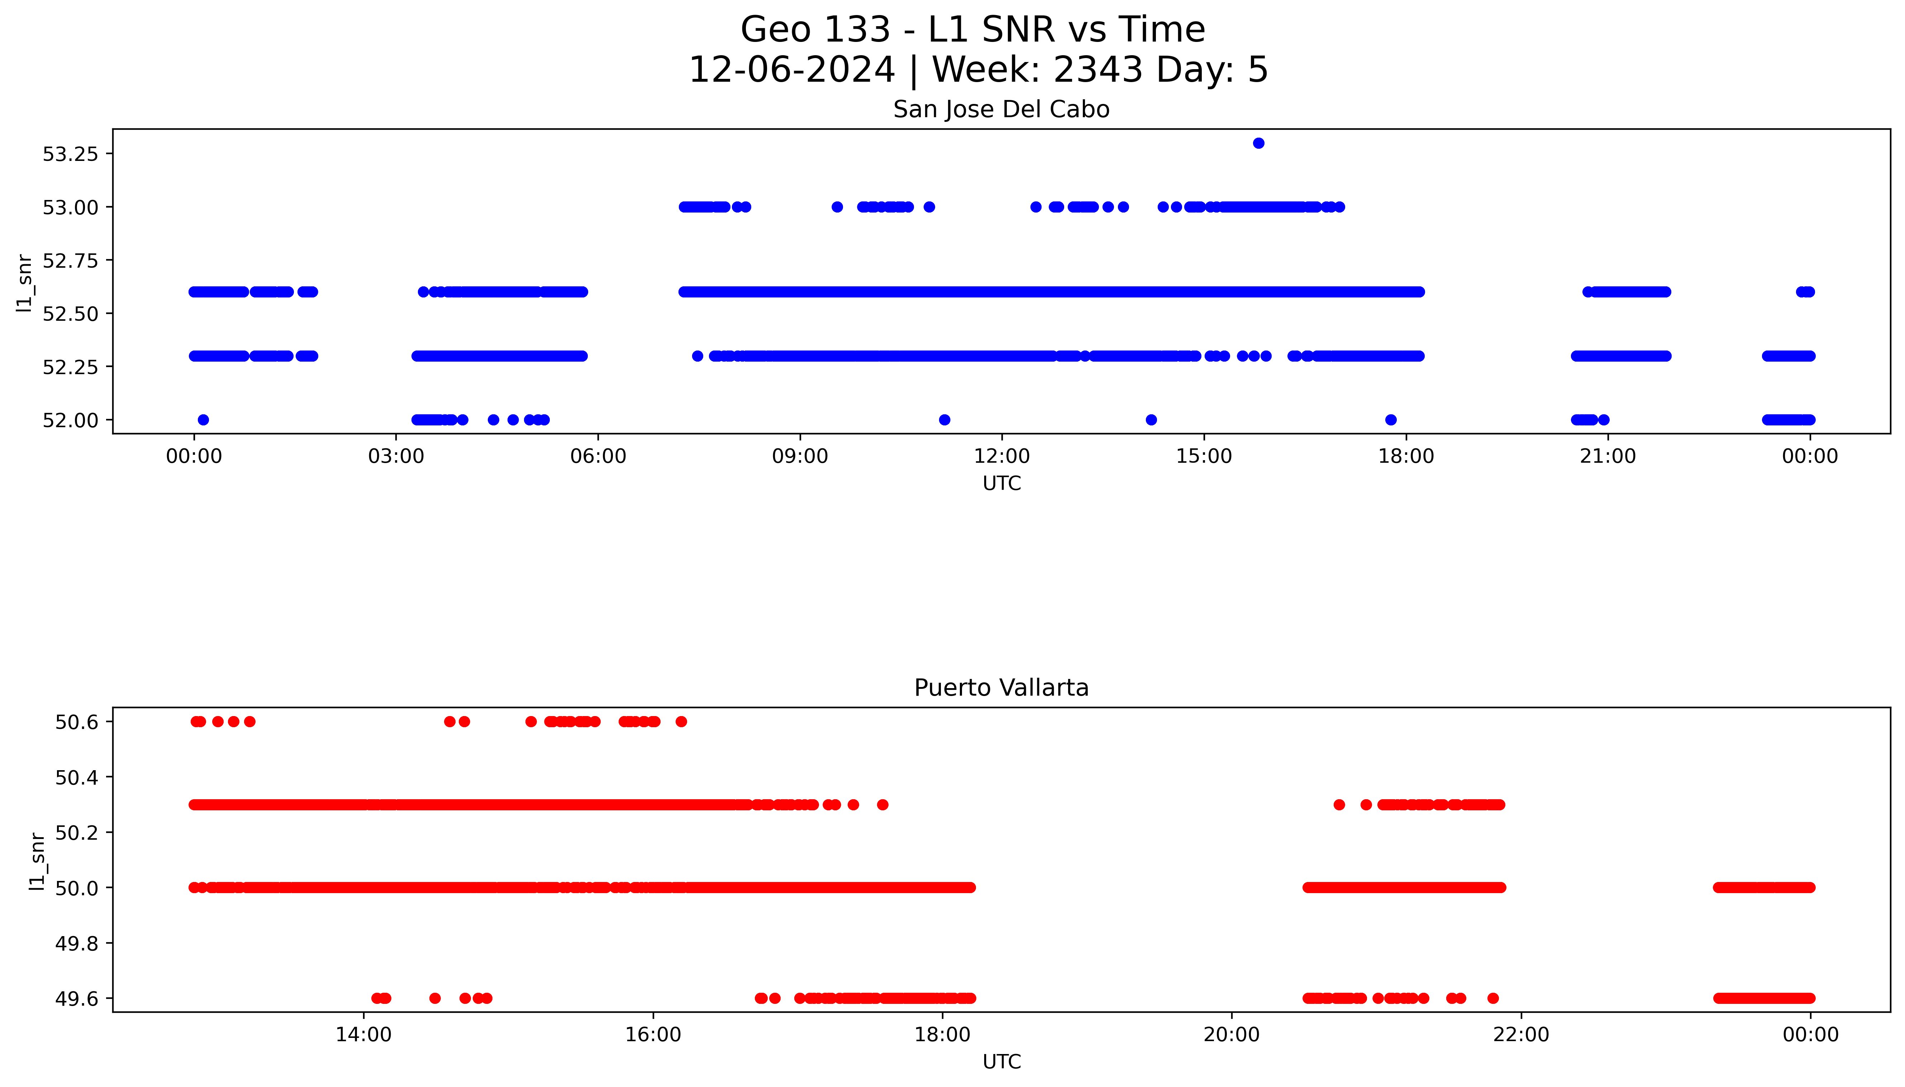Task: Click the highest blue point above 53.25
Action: [x=1258, y=143]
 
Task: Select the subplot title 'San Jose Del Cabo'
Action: [x=1001, y=110]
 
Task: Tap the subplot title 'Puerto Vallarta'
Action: [x=1001, y=688]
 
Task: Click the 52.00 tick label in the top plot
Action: [x=70, y=420]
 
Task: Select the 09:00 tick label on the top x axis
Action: [x=800, y=456]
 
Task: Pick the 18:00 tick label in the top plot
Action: [x=1406, y=456]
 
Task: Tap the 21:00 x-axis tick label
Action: [x=1607, y=456]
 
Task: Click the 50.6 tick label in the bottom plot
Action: [x=76, y=722]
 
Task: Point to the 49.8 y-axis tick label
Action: [x=76, y=944]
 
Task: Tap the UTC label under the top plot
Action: [x=1001, y=484]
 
